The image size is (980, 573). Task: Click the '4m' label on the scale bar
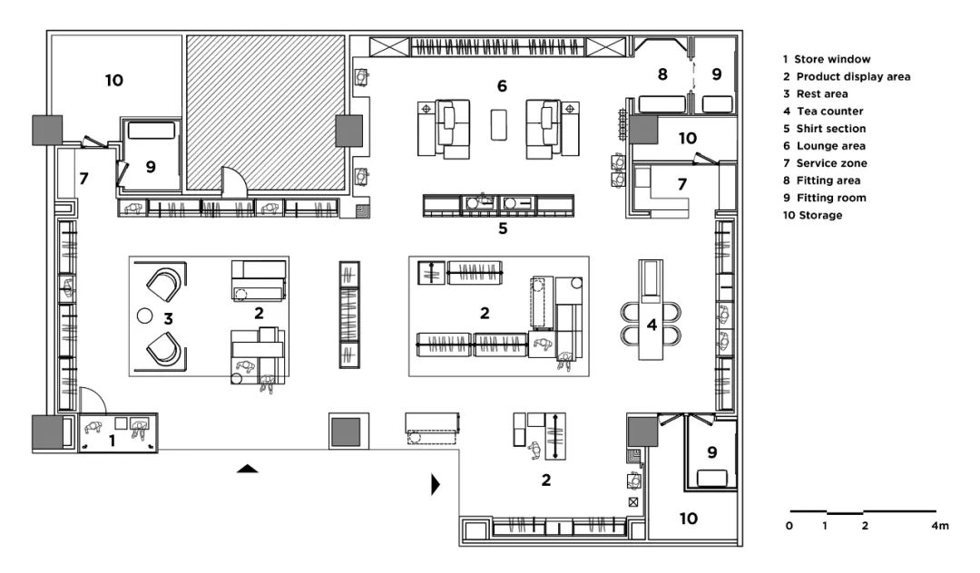click(x=940, y=526)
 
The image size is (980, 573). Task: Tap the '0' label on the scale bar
click(x=789, y=526)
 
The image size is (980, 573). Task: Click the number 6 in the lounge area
click(x=502, y=86)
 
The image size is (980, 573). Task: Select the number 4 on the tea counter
click(x=652, y=325)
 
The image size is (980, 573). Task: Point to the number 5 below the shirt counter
click(x=503, y=228)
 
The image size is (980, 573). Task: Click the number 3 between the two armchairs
click(x=168, y=319)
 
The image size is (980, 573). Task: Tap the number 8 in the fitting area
click(x=662, y=74)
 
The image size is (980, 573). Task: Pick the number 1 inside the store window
click(x=113, y=442)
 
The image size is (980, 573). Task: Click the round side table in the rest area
click(x=144, y=316)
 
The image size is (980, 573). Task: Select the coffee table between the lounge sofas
click(x=499, y=125)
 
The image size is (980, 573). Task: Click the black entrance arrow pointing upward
click(x=248, y=469)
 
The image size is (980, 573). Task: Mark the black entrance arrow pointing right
click(x=436, y=484)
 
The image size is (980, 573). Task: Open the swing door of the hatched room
click(x=234, y=179)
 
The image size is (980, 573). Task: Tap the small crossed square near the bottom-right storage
click(x=633, y=502)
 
